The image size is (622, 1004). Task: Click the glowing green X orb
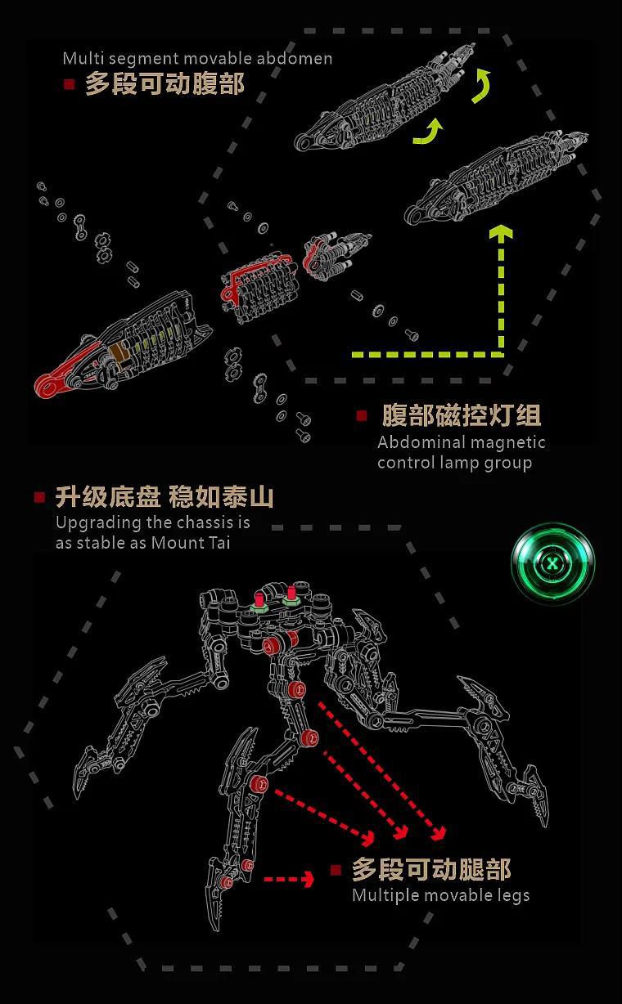pos(553,563)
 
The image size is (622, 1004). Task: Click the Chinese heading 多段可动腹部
pos(165,83)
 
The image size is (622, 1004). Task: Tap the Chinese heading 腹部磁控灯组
pos(462,415)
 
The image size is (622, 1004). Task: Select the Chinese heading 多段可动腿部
pos(431,869)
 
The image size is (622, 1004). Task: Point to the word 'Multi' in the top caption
pos(80,59)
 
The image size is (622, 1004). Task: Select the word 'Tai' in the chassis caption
pos(215,542)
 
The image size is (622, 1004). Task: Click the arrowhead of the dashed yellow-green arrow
pos(501,234)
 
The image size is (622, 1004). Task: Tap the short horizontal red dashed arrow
pos(289,879)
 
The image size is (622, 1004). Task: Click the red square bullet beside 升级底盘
pos(39,497)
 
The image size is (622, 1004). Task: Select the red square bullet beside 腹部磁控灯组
pos(362,415)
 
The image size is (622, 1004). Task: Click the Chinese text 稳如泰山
pos(222,497)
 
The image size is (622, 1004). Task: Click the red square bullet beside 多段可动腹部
pos(70,83)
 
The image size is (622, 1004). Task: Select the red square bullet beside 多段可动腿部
pos(336,870)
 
